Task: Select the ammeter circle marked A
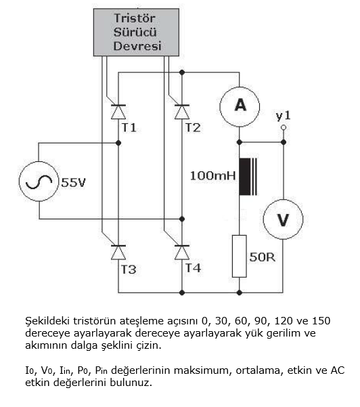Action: [239, 104]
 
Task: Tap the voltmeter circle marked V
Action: [283, 219]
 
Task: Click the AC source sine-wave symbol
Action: [39, 181]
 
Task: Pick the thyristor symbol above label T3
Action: [118, 252]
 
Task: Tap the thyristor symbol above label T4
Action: [181, 252]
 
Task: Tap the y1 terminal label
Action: [283, 116]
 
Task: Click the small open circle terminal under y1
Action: [284, 127]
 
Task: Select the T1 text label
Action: [129, 127]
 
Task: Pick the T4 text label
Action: [194, 268]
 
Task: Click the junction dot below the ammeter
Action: [239, 143]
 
